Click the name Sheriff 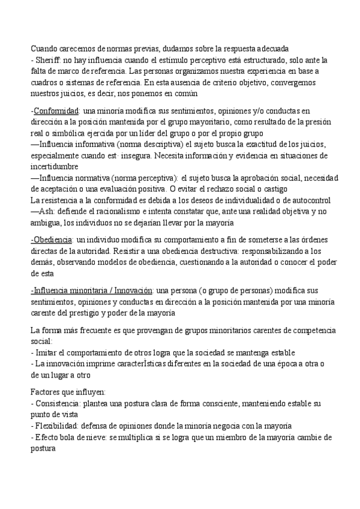click(x=48, y=59)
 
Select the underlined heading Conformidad click(x=57, y=111)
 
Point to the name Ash click(x=46, y=211)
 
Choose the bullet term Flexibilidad click(x=57, y=426)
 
